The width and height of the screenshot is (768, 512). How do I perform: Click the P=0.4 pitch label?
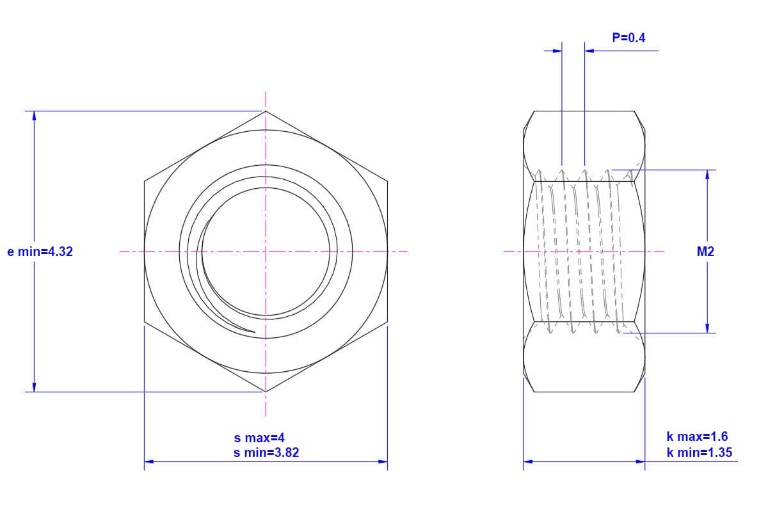628,38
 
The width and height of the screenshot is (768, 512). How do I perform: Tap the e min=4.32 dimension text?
40,252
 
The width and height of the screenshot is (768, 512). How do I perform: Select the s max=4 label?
259,438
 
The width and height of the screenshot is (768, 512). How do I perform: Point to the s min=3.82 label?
266,452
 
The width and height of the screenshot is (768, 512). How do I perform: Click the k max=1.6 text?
697,436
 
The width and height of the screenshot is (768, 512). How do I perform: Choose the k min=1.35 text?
700,452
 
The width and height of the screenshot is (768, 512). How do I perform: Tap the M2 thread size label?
705,252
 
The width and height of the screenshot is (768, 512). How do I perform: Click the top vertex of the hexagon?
266,111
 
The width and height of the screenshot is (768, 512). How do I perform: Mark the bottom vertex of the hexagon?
266,392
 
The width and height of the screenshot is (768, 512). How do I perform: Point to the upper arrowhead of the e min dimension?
34,116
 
